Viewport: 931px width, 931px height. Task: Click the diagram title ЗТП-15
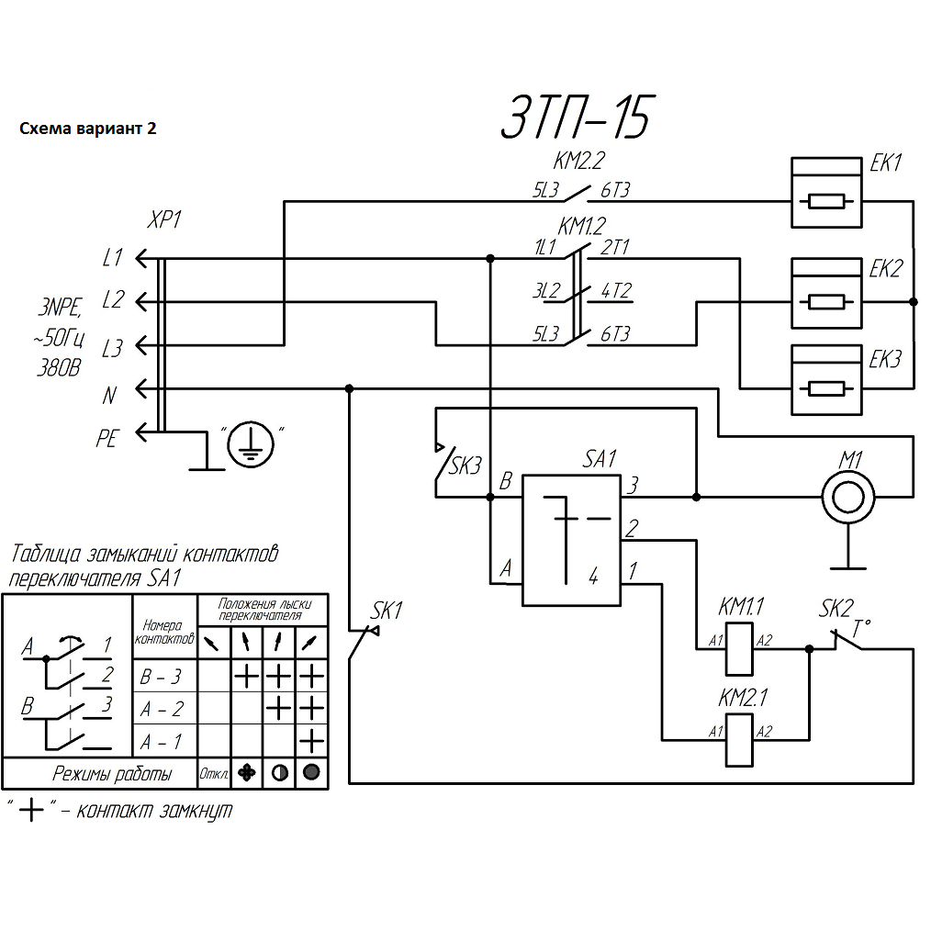(576, 117)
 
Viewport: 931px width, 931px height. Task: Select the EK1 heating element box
(827, 192)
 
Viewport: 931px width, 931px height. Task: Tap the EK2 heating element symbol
(827, 294)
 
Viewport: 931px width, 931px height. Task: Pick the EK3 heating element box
(827, 379)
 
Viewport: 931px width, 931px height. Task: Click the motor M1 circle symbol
(848, 497)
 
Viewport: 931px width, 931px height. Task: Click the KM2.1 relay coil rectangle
(740, 739)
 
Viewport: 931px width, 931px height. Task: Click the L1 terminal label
(112, 259)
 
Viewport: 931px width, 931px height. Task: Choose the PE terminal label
(107, 440)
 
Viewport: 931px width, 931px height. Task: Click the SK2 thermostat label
(836, 609)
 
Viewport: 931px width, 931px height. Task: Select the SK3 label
(465, 465)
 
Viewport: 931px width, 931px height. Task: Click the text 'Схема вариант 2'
(88, 129)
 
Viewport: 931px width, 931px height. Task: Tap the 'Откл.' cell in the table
(214, 774)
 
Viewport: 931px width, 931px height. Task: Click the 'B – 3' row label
(161, 678)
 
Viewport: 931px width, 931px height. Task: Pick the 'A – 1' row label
(161, 740)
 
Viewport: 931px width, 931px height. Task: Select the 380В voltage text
(58, 369)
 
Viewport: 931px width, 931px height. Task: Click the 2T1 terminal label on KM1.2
(615, 247)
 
